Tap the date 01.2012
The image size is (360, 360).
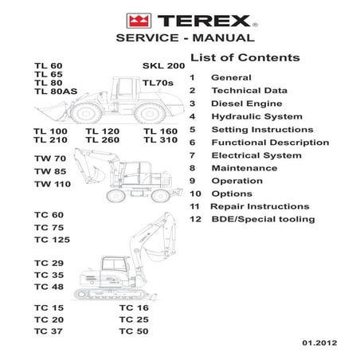(x=318, y=343)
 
